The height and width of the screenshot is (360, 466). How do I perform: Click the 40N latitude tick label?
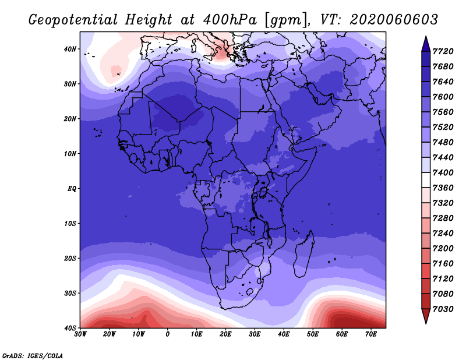(70, 49)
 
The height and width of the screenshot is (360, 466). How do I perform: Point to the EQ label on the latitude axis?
(72, 189)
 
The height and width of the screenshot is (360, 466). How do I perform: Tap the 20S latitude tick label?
(70, 258)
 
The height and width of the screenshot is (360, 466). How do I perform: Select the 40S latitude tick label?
(70, 328)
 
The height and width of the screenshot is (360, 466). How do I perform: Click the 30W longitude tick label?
(80, 334)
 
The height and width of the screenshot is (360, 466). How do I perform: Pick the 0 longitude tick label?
(168, 334)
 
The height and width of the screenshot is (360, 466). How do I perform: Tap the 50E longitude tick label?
(313, 334)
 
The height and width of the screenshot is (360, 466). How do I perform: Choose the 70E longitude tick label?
(371, 334)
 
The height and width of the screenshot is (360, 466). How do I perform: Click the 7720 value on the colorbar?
(443, 51)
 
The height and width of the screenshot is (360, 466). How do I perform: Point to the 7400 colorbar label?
(443, 172)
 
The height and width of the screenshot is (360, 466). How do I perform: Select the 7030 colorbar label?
(443, 309)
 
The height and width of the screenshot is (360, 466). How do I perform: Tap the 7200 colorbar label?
(443, 249)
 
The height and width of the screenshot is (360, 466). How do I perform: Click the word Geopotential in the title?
(73, 20)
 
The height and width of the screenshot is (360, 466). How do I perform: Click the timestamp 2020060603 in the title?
(394, 20)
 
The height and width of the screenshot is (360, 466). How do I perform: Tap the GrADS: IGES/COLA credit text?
(33, 356)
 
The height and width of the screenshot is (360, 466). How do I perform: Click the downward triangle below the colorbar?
(426, 315)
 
